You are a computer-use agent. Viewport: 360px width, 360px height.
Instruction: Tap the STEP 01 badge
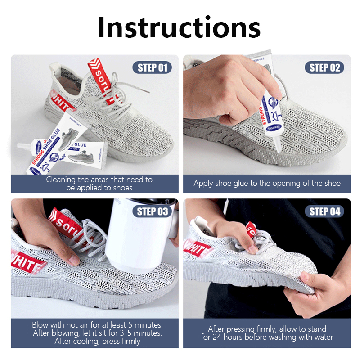click(x=152, y=68)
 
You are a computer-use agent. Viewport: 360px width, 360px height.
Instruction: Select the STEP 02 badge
click(x=324, y=68)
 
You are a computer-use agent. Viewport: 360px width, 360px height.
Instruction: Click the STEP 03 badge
click(x=152, y=211)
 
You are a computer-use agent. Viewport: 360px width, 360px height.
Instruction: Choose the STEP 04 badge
click(x=324, y=211)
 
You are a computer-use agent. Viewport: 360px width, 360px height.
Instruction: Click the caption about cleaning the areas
click(x=99, y=184)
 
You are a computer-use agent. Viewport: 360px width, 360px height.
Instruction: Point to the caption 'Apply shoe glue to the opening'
click(x=267, y=183)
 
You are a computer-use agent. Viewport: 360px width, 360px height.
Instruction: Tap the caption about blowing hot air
click(x=97, y=333)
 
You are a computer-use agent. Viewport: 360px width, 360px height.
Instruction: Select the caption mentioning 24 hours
click(x=267, y=333)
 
